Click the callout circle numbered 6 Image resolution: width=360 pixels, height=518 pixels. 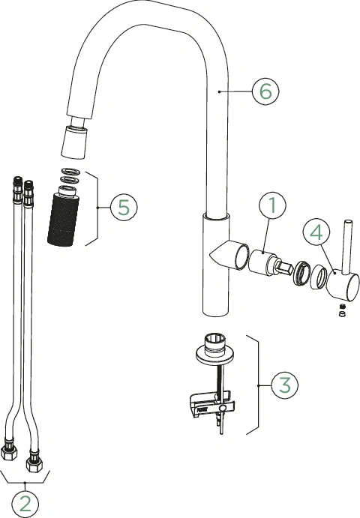pyautogui.click(x=265, y=91)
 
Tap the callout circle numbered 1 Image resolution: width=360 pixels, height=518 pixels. pyautogui.click(x=274, y=205)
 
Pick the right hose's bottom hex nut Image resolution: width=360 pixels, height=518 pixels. pyautogui.click(x=34, y=455)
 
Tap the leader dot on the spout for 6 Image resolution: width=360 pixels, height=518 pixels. pyautogui.click(x=218, y=91)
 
